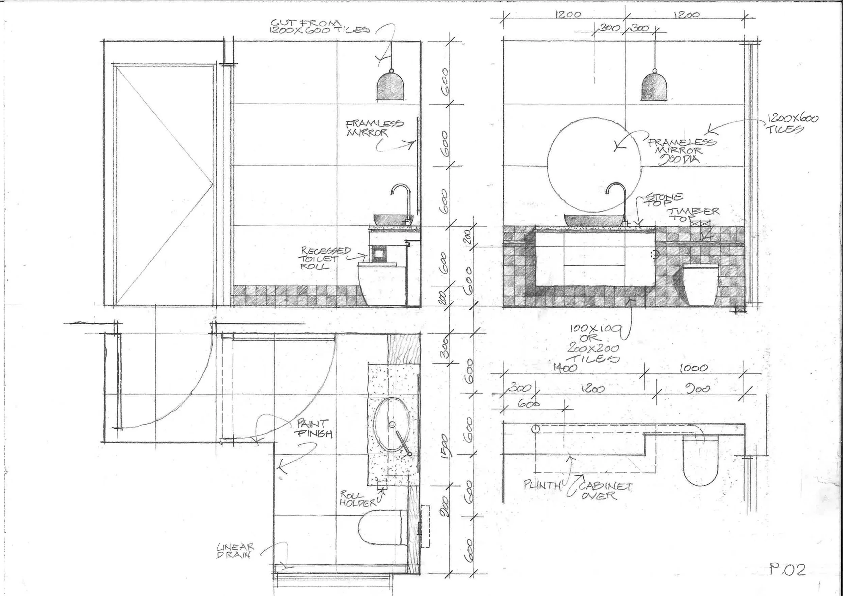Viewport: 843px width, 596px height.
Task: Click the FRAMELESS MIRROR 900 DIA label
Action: (677, 150)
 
